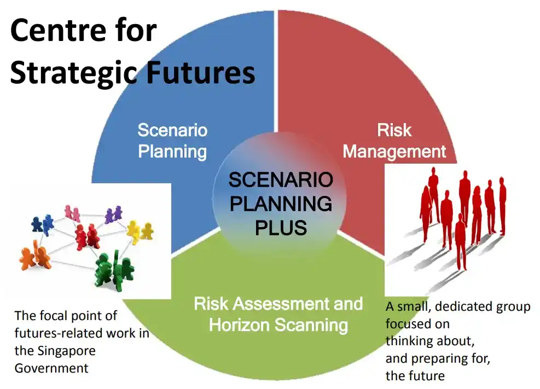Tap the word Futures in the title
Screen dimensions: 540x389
[200, 72]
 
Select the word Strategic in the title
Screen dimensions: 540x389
[74, 74]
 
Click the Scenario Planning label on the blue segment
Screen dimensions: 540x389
[172, 141]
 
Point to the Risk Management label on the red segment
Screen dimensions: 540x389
[394, 141]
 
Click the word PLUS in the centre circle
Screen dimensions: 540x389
[281, 228]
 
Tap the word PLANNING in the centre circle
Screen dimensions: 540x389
[281, 204]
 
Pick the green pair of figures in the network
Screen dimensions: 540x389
[114, 271]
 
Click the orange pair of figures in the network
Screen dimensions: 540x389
[36, 256]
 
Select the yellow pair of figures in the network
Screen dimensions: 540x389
[140, 231]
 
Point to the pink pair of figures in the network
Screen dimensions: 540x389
[72, 213]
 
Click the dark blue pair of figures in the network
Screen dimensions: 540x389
[43, 224]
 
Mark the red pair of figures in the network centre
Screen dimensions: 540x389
[87, 236]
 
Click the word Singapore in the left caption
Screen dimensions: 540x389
[66, 351]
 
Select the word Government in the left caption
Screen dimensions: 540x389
[51, 368]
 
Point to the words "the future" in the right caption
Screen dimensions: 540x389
[415, 375]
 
